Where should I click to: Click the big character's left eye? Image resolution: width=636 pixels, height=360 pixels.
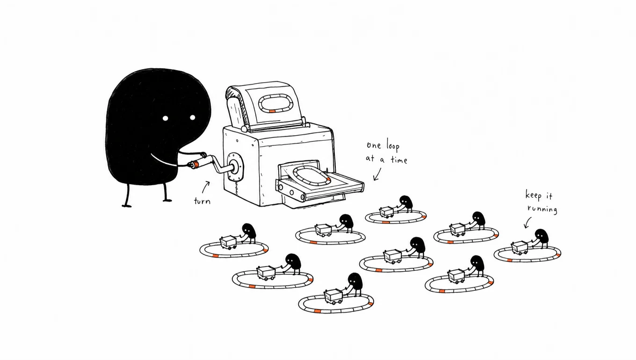(x=165, y=118)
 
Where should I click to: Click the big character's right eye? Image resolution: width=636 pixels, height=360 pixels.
(x=193, y=117)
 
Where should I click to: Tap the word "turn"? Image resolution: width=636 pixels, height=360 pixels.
(x=202, y=201)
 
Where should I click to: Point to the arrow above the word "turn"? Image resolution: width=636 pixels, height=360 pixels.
(x=206, y=187)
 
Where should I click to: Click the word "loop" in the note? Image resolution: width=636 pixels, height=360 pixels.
(x=393, y=146)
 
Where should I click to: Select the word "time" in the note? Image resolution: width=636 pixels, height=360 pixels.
(x=399, y=160)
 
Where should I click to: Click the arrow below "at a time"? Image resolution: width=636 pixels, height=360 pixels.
(x=377, y=174)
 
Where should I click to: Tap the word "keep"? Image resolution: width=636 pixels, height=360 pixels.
(x=534, y=195)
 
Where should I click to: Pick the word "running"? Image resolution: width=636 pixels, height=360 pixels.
(x=542, y=209)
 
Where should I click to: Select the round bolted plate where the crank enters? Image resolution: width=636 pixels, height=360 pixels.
(x=235, y=166)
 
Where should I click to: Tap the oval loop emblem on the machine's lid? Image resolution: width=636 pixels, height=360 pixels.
(x=276, y=104)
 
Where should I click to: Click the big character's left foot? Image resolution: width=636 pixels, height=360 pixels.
(x=127, y=205)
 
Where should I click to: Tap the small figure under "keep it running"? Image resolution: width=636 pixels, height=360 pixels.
(x=541, y=238)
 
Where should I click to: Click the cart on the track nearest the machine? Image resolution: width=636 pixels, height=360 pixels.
(x=386, y=212)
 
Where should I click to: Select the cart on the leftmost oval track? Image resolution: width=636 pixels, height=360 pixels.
(x=228, y=243)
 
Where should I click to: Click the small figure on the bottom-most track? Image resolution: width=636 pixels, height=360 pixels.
(x=354, y=284)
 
